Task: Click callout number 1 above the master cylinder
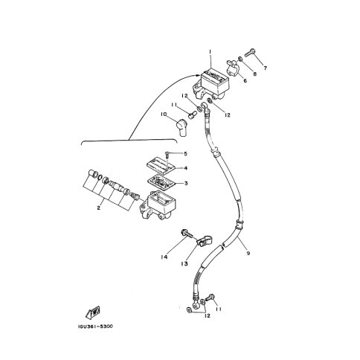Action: (210, 52)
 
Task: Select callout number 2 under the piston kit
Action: (99, 208)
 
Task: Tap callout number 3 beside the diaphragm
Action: (186, 184)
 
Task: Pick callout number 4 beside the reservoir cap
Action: (185, 168)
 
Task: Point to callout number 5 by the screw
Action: (185, 154)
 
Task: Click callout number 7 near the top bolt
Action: (265, 68)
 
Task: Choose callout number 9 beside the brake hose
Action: (248, 253)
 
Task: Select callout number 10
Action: (164, 115)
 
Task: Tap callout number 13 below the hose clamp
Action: (184, 263)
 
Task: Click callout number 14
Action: (164, 257)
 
